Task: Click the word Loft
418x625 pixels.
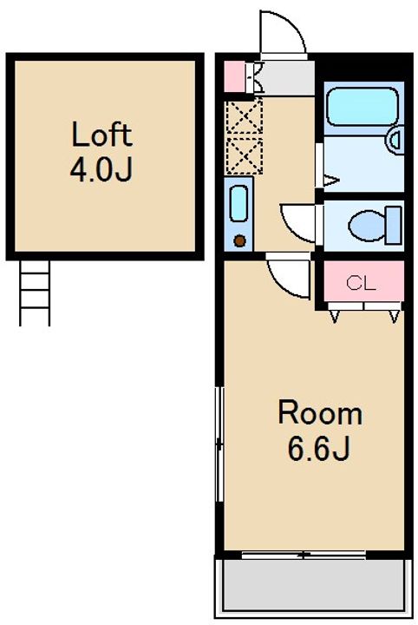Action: (101, 135)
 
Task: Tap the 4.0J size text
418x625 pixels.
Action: (101, 170)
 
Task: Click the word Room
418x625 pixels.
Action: (320, 413)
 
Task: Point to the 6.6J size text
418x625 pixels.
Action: (318, 449)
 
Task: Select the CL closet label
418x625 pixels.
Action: (361, 283)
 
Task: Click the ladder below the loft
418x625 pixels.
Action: (35, 293)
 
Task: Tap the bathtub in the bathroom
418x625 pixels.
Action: (362, 107)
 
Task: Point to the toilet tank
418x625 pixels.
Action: (394, 225)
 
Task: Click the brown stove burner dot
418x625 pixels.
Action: (239, 240)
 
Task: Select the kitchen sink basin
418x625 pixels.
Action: (238, 204)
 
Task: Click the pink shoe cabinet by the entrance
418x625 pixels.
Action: (235, 77)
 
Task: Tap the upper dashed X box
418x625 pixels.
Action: (245, 117)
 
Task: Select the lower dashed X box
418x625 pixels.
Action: (245, 156)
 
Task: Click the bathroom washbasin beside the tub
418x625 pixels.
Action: (395, 140)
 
